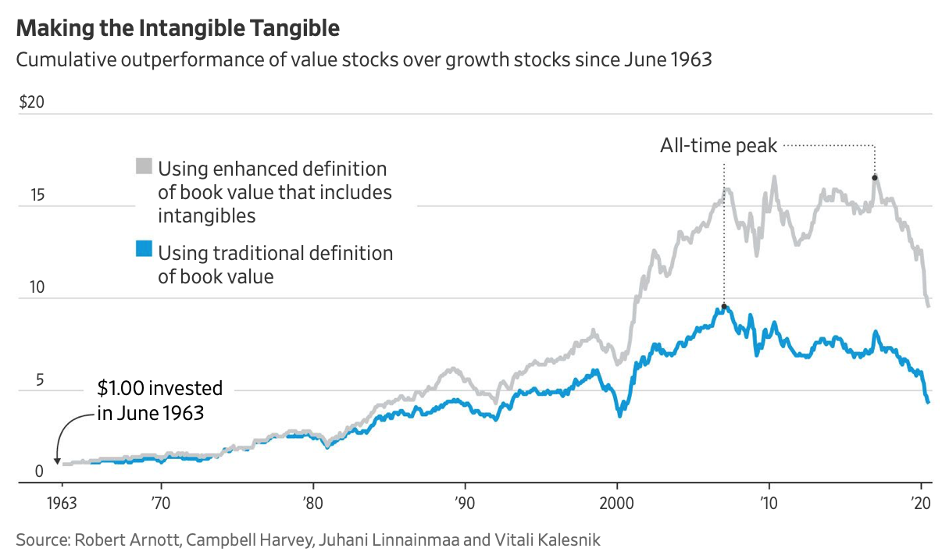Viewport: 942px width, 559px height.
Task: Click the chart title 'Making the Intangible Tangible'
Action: (x=178, y=29)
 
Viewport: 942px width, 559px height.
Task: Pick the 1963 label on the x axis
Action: (x=62, y=503)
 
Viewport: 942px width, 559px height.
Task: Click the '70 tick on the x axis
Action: (x=159, y=503)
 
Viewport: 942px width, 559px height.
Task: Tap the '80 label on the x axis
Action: (x=312, y=503)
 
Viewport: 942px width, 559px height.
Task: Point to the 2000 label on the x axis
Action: (x=617, y=503)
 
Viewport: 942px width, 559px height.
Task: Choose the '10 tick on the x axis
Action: (x=769, y=503)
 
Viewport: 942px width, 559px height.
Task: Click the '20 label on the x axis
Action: (x=922, y=503)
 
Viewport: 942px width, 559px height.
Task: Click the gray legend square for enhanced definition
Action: (x=144, y=166)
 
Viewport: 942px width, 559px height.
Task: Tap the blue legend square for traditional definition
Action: (x=144, y=250)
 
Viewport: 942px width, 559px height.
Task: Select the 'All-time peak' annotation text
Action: (x=719, y=146)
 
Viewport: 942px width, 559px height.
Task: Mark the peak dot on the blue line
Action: (x=724, y=307)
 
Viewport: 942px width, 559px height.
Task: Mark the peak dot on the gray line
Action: (x=875, y=178)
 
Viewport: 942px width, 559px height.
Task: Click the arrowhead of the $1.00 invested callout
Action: (x=57, y=461)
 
